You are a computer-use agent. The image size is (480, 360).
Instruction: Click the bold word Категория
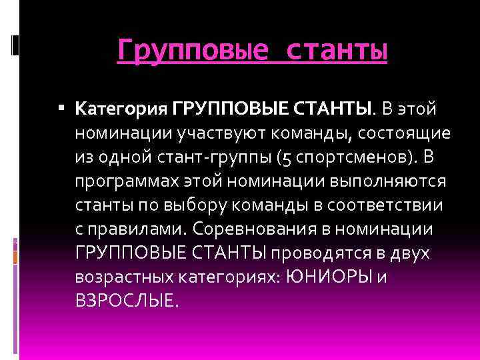[x=121, y=108]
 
